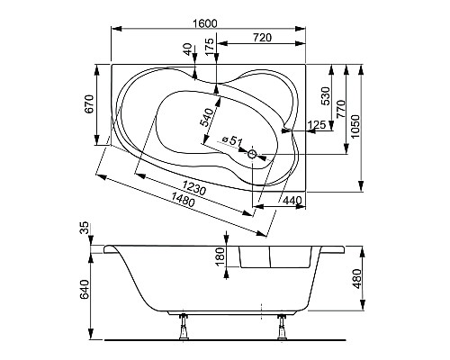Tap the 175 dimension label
tap(210, 47)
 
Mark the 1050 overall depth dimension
tap(357, 126)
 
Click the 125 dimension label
tap(316, 124)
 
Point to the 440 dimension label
tap(291, 199)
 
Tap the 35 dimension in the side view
tap(85, 231)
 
